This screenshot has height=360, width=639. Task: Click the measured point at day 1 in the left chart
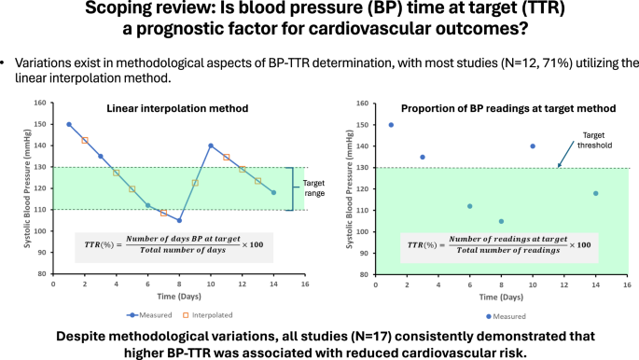pos(69,124)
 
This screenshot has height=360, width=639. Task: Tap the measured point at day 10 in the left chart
pos(211,145)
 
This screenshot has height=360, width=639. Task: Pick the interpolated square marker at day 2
pos(85,141)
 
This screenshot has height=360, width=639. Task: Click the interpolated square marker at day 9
pos(195,183)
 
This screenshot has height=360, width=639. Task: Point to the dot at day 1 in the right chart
pos(390,124)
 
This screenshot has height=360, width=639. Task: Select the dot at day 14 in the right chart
pos(595,193)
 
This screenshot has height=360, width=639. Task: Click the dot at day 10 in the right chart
pos(532,145)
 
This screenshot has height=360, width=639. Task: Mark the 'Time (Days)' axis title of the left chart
pos(171,296)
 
